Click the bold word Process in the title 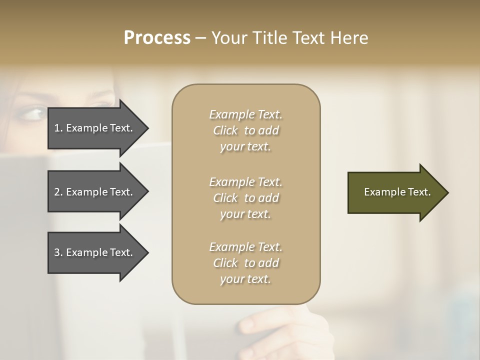point(157,38)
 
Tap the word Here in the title point(349,38)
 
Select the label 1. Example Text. point(93,128)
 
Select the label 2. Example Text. point(93,192)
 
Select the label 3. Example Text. point(93,252)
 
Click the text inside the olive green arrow point(397,192)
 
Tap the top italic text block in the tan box point(245,130)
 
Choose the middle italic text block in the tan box point(245,197)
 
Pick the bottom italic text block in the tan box point(245,263)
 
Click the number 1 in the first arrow point(57,128)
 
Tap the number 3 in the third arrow point(57,252)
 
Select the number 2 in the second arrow point(57,192)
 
